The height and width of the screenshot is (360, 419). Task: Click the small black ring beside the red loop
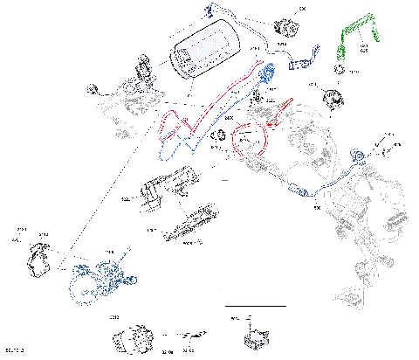click(220, 135)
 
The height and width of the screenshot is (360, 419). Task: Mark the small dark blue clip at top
click(209, 10)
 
